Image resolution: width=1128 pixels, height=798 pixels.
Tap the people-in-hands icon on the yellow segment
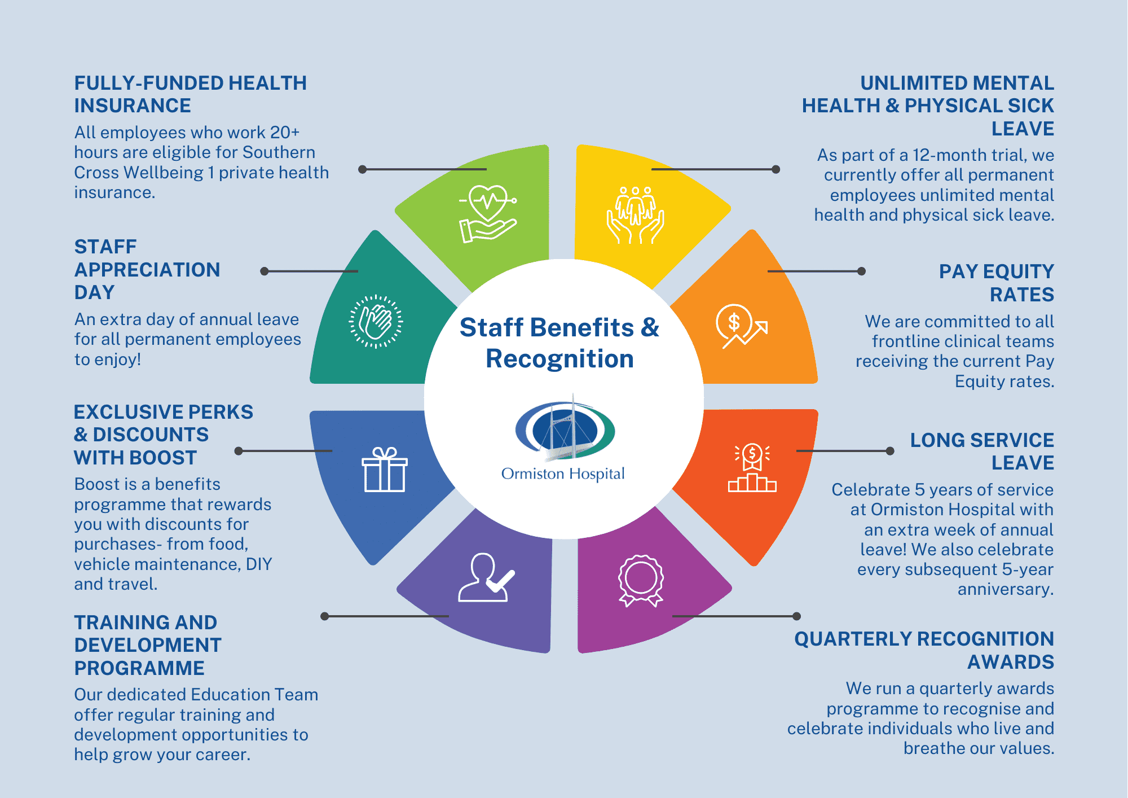tap(636, 215)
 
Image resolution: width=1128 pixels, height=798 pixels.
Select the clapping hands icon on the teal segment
tap(376, 322)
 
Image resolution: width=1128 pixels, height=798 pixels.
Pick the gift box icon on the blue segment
tap(385, 470)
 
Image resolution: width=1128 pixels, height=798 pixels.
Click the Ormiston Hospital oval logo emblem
tap(565, 429)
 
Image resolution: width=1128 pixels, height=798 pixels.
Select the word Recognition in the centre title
tap(560, 359)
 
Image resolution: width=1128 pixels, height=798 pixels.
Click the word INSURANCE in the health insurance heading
tap(133, 106)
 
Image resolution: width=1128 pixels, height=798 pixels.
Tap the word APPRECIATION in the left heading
tap(147, 270)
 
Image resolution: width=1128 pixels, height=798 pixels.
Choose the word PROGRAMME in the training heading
tap(139, 668)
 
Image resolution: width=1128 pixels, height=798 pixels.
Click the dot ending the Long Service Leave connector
tap(890, 451)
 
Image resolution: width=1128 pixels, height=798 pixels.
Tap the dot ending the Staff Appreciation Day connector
tap(264, 271)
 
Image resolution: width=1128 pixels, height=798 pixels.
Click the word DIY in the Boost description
tap(259, 564)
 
